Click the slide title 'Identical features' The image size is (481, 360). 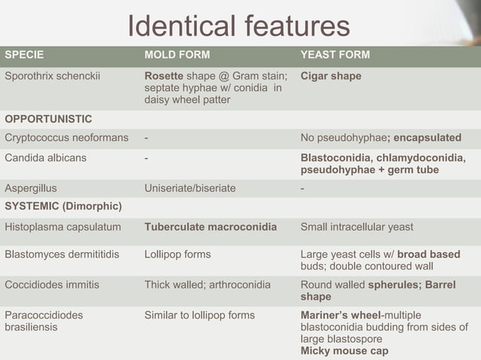click(238, 26)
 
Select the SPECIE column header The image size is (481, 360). click(24, 55)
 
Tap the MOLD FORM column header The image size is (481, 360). click(176, 55)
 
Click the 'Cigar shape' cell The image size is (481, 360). click(330, 76)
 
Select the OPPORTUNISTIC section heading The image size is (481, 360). click(48, 119)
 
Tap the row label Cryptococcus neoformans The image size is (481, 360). click(66, 138)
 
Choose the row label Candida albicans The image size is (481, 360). click(45, 158)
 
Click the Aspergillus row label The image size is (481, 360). click(31, 188)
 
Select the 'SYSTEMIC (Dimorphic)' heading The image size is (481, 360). click(63, 206)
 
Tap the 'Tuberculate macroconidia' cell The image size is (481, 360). click(210, 227)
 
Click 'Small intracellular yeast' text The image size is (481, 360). click(357, 227)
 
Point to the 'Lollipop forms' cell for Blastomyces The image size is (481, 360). click(177, 255)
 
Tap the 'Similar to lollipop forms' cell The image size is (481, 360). click(200, 315)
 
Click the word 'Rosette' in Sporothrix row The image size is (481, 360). click(164, 76)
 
